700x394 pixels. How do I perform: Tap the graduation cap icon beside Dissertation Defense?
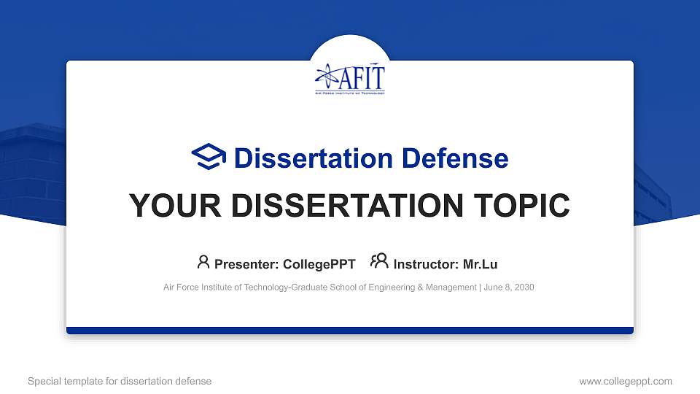click(209, 158)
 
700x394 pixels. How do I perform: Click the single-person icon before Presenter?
click(203, 263)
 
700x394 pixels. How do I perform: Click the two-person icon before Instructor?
click(379, 263)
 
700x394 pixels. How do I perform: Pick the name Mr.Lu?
click(480, 264)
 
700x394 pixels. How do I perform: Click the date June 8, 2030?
click(509, 287)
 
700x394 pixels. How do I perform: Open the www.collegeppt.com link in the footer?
click(625, 381)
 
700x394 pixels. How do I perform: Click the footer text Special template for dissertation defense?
click(120, 381)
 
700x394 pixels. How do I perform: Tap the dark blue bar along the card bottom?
click(350, 331)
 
